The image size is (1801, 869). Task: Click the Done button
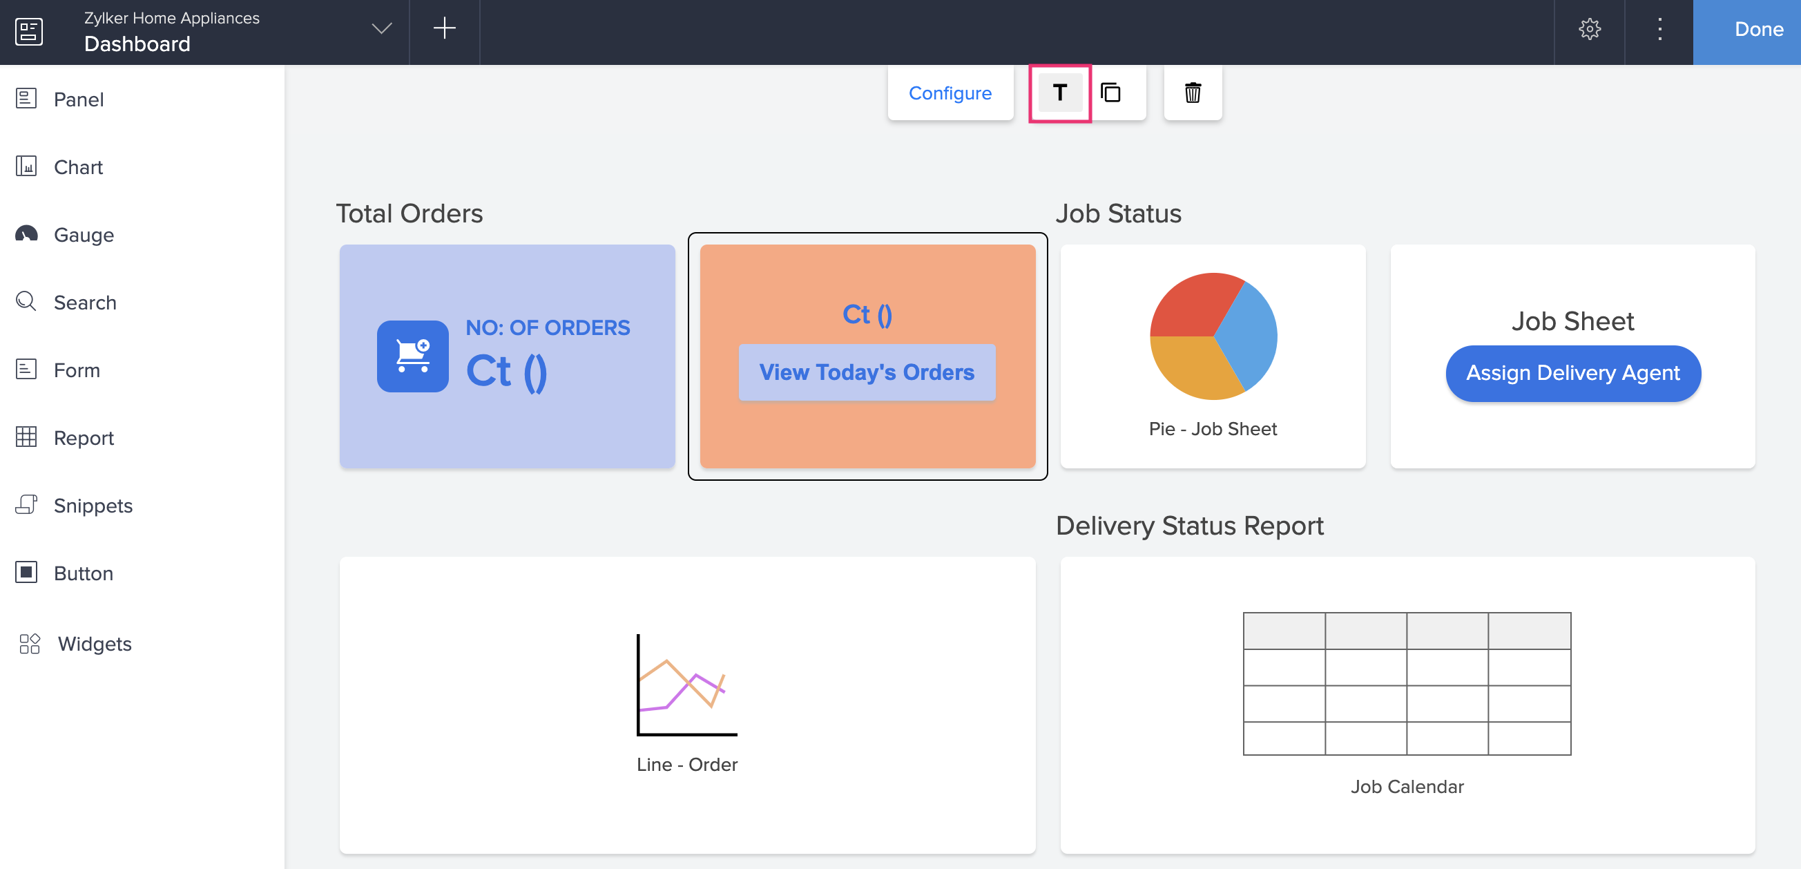(1757, 30)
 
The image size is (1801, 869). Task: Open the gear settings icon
(1589, 30)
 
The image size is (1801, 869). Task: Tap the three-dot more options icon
(1659, 30)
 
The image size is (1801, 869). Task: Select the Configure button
(950, 93)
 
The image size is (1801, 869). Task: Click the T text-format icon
(1059, 93)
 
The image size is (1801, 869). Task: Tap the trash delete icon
(1192, 93)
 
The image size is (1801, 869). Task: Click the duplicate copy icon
(1110, 93)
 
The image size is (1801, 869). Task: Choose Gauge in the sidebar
(83, 235)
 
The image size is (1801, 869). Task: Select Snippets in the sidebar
(93, 506)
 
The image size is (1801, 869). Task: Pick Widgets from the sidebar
(95, 644)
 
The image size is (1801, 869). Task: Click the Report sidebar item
(83, 438)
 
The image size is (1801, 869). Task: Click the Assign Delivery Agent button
(1572, 373)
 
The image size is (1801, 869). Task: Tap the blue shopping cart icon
(412, 356)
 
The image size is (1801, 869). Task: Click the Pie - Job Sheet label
(1213, 428)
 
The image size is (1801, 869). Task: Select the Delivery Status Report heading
(1189, 526)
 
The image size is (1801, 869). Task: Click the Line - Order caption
(686, 764)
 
